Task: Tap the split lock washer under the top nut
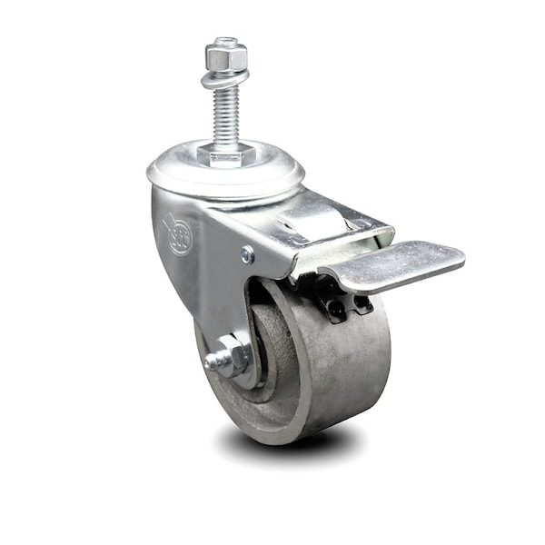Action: click(x=225, y=78)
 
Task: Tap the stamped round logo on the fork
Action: click(x=178, y=233)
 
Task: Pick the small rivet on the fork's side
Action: click(x=248, y=255)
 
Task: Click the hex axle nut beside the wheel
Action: click(x=233, y=355)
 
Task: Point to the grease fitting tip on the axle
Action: click(x=212, y=362)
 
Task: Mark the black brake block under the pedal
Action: click(x=346, y=305)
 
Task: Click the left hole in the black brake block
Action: click(x=334, y=309)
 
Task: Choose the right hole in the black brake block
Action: click(x=361, y=303)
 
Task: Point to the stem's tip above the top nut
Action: click(x=226, y=41)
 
